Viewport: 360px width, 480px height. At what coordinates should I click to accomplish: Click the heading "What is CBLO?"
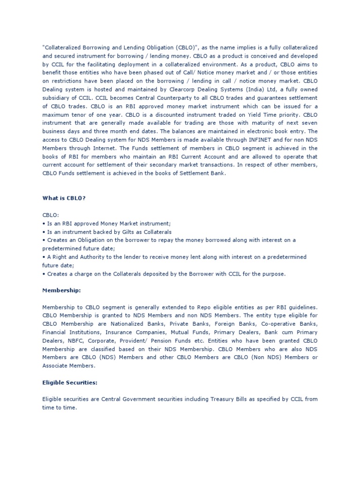pos(64,198)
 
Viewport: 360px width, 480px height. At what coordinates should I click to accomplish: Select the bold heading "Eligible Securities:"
pos(70,382)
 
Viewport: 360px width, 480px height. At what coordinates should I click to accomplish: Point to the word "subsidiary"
pos(58,98)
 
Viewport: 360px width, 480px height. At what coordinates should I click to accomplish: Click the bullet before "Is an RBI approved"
pos(44,223)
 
